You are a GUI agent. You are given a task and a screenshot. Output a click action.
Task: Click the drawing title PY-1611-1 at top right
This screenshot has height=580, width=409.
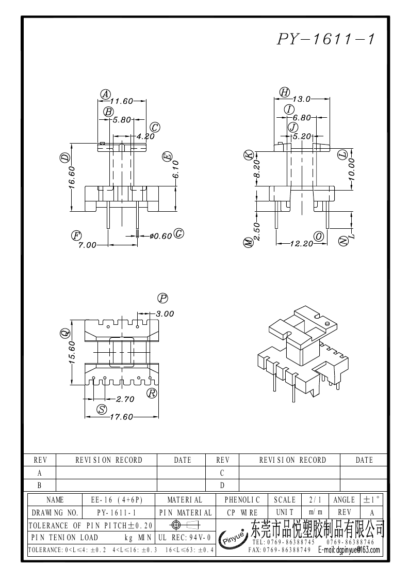(x=325, y=39)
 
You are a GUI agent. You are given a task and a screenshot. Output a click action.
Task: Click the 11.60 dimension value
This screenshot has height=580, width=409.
(x=121, y=101)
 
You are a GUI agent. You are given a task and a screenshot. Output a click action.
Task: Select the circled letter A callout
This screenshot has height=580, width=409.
(x=105, y=94)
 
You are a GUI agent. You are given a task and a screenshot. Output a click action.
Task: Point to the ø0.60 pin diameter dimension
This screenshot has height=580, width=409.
(x=160, y=236)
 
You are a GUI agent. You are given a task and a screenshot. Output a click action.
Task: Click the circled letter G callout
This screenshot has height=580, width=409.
(x=179, y=233)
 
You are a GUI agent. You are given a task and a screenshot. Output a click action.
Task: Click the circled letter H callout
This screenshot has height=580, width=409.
(x=284, y=92)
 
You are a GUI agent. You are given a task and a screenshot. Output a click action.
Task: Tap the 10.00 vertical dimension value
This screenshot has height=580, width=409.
(x=351, y=168)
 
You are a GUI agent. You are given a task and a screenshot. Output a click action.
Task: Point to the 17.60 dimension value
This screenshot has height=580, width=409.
(x=122, y=417)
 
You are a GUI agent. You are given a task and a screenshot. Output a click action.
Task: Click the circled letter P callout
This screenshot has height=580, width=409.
(x=163, y=298)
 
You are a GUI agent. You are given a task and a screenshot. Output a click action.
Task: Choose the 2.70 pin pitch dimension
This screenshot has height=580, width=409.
(x=125, y=399)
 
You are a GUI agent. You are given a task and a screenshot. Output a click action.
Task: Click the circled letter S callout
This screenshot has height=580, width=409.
(x=102, y=410)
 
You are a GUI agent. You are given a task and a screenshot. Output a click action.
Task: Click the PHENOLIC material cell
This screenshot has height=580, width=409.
(x=242, y=500)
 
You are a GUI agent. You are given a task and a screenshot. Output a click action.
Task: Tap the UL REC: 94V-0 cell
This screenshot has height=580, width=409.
(x=185, y=538)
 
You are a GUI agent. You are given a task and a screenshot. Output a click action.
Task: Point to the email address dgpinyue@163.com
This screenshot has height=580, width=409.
(x=350, y=551)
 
